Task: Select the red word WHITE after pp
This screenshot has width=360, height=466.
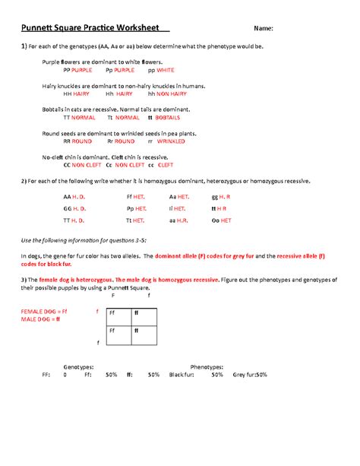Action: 166,71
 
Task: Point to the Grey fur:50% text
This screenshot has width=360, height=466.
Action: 251,375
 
